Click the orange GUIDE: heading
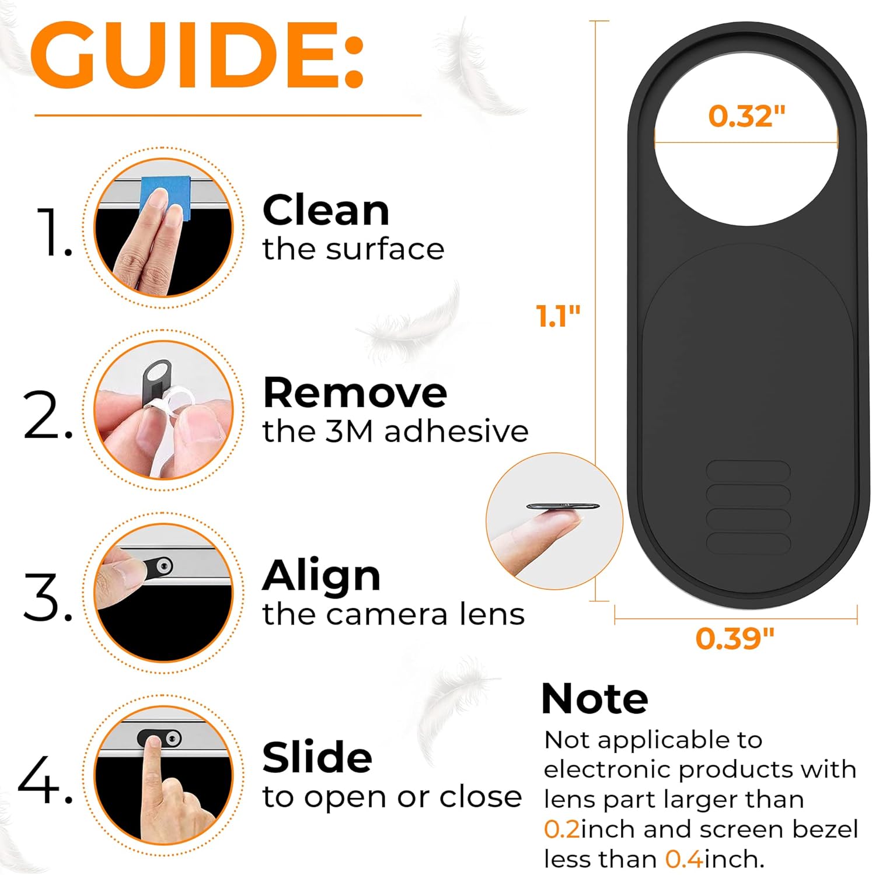[x=197, y=55]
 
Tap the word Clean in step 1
[x=326, y=210]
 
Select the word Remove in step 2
[x=355, y=393]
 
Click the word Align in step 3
[x=322, y=576]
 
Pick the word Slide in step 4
[x=318, y=757]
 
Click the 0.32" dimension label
[x=747, y=116]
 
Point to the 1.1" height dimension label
[x=558, y=316]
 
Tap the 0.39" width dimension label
[x=735, y=638]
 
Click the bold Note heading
[x=595, y=699]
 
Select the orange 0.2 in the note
[x=562, y=829]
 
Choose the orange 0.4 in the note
[x=684, y=859]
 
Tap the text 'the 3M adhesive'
[x=395, y=431]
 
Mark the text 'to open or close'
[x=392, y=797]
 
